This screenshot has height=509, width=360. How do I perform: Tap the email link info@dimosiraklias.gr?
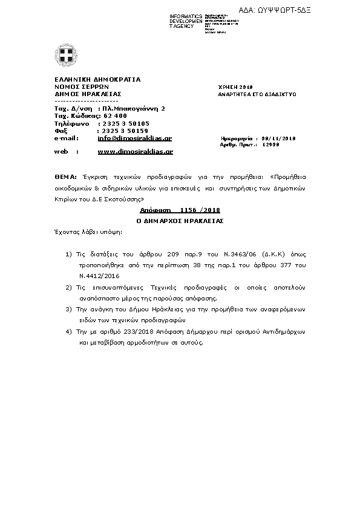click(134, 138)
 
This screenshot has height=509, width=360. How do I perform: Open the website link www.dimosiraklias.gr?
click(135, 152)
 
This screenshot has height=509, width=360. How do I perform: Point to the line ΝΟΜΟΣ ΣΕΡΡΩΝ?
click(83, 86)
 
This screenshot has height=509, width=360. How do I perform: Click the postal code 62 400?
click(116, 115)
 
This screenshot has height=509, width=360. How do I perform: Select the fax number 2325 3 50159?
click(123, 130)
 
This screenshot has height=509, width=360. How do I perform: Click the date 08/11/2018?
click(280, 138)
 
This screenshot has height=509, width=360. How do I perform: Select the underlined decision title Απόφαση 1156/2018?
click(180, 210)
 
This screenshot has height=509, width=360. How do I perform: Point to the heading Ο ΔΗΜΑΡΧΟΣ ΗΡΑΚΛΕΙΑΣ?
click(180, 221)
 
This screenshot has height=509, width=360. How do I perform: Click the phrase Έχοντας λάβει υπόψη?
click(87, 232)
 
